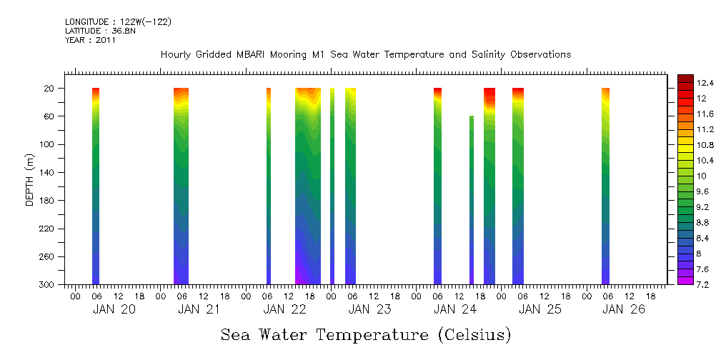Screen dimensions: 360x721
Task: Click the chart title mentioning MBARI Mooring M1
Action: coord(365,55)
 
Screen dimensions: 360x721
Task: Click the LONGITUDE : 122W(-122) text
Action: coord(118,22)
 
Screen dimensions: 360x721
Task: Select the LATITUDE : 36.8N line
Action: coord(90,31)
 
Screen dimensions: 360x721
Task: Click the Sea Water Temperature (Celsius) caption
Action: coord(366,334)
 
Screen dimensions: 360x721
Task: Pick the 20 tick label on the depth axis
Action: coord(50,89)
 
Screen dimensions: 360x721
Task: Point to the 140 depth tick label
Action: coord(47,172)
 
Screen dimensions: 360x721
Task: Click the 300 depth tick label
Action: coord(47,284)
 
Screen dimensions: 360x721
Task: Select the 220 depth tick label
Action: coord(47,229)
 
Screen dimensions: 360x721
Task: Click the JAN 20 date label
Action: coord(114,309)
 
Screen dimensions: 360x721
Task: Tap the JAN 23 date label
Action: coord(369,309)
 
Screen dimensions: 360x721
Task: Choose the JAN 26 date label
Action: coord(623,309)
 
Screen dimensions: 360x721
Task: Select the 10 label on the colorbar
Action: coord(682,176)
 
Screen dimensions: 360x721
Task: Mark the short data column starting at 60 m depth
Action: coord(472,200)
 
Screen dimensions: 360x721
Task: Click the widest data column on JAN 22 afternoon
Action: coord(308,186)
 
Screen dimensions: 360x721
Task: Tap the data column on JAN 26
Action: coord(605,186)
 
